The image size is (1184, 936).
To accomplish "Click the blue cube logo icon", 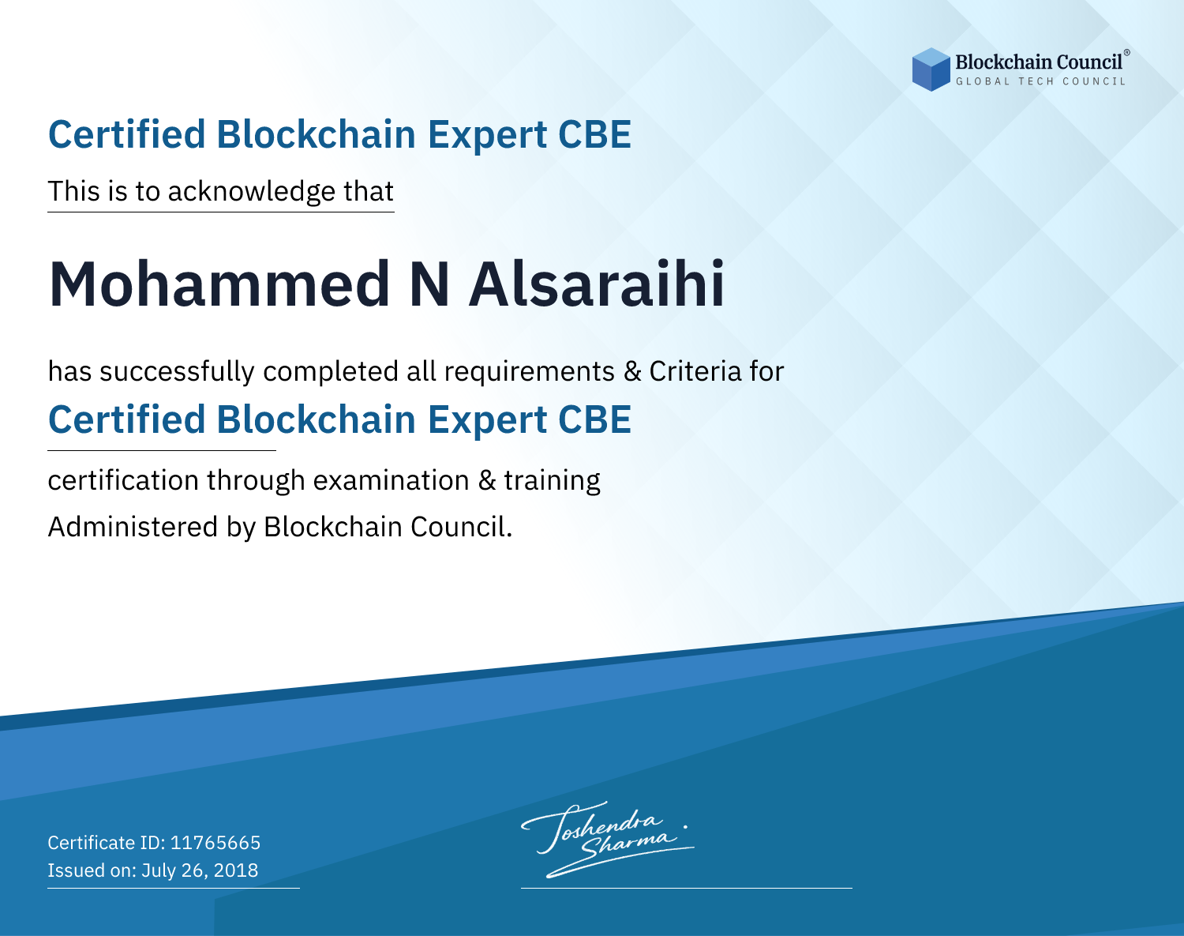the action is pos(931,70).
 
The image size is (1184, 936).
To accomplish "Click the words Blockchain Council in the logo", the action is pos(1039,62).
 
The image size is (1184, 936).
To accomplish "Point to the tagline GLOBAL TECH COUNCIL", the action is pos(1040,81).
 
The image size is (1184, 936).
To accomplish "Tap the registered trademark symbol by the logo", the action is pos(1126,53).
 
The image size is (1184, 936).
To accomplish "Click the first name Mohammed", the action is pos(219,284).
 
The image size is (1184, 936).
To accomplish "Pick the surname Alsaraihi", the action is pos(597,284).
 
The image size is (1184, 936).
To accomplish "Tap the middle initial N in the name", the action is pos(429,285).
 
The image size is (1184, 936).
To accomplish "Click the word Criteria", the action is pos(695,371).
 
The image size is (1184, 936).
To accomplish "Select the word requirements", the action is pos(529,372).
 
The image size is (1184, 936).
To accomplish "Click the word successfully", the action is pos(177,372).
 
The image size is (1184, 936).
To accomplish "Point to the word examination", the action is pos(391,480).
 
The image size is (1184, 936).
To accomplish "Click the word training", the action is pos(552,481).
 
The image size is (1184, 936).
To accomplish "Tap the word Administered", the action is pos(133,527).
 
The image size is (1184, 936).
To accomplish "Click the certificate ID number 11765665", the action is pos(215,842).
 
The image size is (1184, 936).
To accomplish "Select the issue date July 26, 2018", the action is pos(200,870).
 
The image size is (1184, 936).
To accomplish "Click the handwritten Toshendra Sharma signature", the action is pos(608,839).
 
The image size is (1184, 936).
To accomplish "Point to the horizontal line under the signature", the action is pos(686,888).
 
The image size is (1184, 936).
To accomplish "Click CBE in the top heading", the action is pos(594,135).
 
